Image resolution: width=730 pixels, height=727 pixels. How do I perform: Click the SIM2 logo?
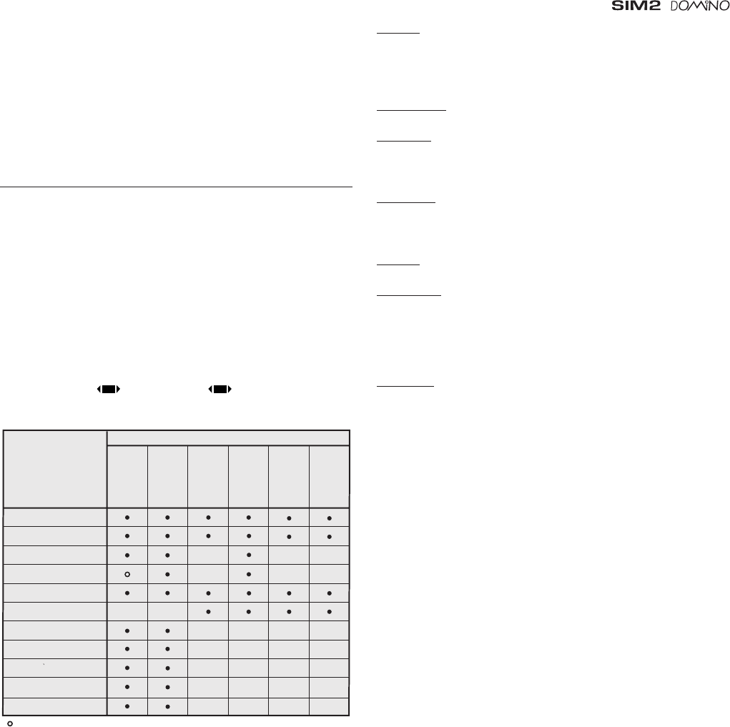coord(636,6)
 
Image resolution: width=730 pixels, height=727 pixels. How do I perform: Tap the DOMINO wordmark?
coord(700,6)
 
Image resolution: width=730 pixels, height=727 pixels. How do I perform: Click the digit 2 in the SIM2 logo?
coord(653,6)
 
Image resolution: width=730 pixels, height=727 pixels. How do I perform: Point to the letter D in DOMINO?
coord(675,6)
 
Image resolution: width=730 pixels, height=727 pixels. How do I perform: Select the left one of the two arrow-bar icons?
coord(109,389)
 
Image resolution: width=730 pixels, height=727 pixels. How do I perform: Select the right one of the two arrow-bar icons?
coord(220,389)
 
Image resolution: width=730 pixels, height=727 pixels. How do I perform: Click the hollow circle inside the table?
coord(127,574)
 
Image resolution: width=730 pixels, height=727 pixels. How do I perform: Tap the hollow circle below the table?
coord(10,723)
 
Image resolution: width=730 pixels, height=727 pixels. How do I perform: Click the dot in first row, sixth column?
coord(329,518)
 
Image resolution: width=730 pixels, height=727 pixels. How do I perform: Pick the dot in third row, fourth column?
coord(249,555)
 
